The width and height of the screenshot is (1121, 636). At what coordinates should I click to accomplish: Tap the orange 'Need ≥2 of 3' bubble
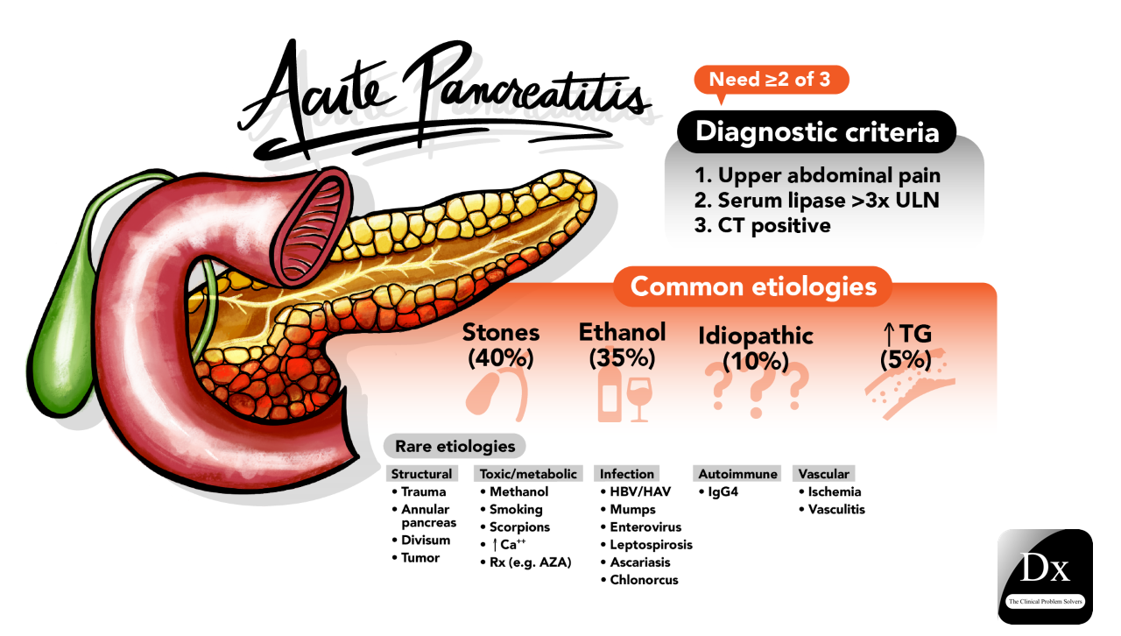tap(771, 80)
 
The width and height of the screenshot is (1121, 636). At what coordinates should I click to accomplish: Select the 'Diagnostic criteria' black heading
tap(817, 131)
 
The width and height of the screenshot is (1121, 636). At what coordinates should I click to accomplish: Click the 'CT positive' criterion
tap(762, 225)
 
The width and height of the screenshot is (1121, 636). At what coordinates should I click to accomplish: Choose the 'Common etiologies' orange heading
tap(753, 286)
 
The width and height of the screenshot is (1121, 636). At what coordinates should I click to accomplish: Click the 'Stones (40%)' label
tap(501, 345)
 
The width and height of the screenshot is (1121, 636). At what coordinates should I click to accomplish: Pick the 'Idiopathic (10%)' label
tap(756, 348)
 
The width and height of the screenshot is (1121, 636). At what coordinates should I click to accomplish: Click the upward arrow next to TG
tap(888, 334)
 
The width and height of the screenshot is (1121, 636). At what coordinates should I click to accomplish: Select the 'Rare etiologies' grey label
tap(455, 446)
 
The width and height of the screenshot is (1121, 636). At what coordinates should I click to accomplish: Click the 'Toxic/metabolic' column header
tap(528, 474)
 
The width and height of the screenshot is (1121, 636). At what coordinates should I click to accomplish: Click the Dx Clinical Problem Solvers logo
tap(1045, 576)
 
